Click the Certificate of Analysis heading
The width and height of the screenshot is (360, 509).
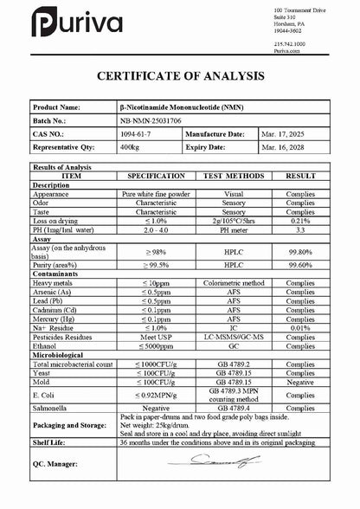click(x=180, y=76)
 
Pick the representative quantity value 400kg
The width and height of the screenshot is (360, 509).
click(x=131, y=148)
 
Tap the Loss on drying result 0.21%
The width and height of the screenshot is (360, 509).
click(x=299, y=219)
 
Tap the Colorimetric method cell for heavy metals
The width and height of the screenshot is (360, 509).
click(x=233, y=283)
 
